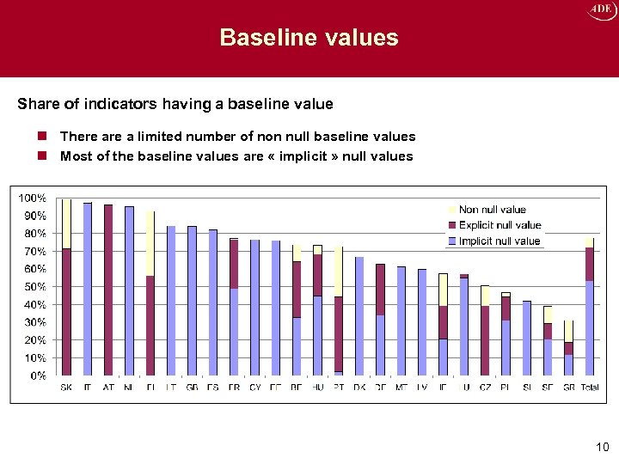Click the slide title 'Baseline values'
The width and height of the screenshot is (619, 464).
[x=309, y=38]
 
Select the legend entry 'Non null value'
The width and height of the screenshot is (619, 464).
[x=492, y=210]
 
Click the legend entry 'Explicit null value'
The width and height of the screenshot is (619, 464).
[x=499, y=225]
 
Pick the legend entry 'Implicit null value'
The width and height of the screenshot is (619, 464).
[x=499, y=241]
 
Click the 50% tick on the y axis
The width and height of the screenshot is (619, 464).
[x=34, y=287]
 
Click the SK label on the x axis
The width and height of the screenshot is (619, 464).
[x=66, y=388]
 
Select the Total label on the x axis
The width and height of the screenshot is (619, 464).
[x=590, y=388]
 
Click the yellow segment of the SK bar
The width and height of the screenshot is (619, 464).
[x=66, y=223]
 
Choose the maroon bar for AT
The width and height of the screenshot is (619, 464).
[x=108, y=290]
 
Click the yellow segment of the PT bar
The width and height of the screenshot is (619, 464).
[x=339, y=272]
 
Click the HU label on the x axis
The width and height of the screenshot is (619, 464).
[x=317, y=388]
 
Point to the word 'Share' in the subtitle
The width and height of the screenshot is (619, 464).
[x=37, y=104]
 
